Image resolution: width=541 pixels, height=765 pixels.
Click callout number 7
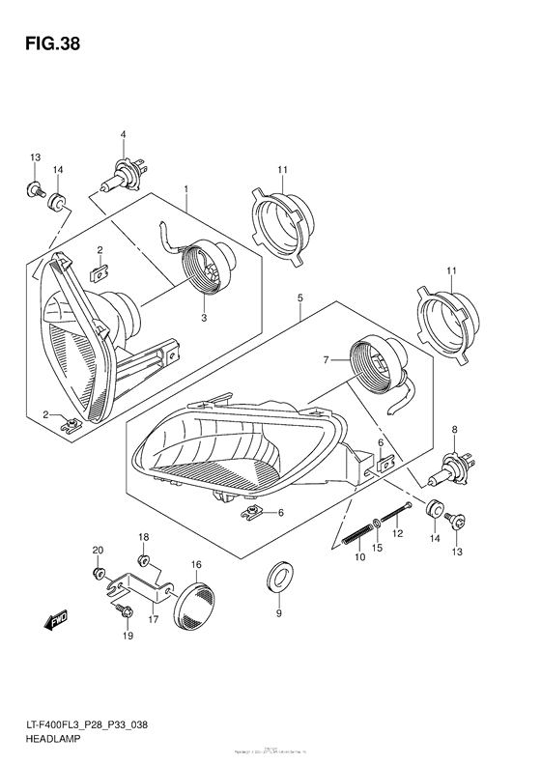pyautogui.click(x=327, y=360)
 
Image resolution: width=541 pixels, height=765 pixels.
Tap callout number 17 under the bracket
pyautogui.click(x=153, y=620)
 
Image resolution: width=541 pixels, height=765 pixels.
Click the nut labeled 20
pyautogui.click(x=100, y=574)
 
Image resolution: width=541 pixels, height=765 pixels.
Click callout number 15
pyautogui.click(x=377, y=548)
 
